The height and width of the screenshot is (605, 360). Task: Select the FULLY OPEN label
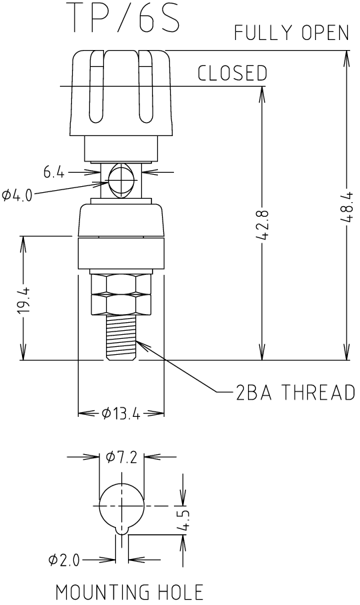(x=292, y=33)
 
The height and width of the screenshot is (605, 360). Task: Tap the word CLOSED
(x=233, y=73)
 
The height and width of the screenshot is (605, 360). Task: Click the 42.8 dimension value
(x=262, y=225)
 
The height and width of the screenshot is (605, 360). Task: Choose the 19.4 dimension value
(x=24, y=301)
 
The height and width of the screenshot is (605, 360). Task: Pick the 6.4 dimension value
(x=53, y=172)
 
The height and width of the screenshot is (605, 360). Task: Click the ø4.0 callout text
(x=17, y=195)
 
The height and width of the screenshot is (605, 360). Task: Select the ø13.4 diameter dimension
(x=121, y=414)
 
